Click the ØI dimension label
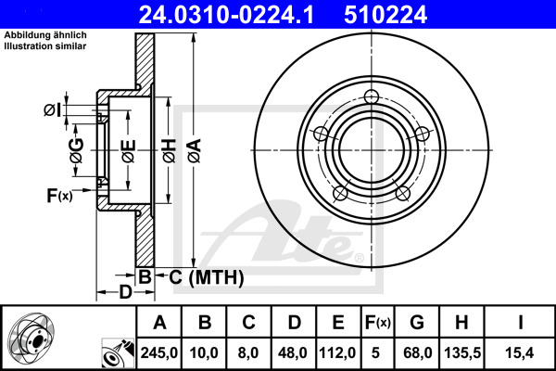pyautogui.click(x=53, y=110)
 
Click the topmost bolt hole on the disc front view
pyautogui.click(x=373, y=98)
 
